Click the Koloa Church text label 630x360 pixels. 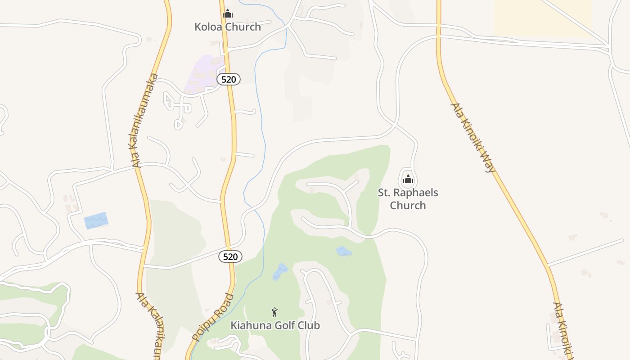coord(227,27)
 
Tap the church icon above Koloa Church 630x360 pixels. coord(228,13)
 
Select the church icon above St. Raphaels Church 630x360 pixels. coord(408,179)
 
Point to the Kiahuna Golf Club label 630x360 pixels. coord(275,325)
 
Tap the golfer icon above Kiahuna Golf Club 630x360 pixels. coord(274,312)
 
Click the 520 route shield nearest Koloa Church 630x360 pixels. coord(229,79)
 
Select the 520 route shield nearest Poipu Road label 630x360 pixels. coord(230,256)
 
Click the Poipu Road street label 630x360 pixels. coord(213,317)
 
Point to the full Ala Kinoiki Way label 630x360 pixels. coord(473,138)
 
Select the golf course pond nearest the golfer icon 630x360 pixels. coord(280,271)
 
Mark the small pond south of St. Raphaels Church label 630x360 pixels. coord(344,251)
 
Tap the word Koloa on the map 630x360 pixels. coord(208,27)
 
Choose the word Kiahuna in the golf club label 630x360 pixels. coord(249,325)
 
